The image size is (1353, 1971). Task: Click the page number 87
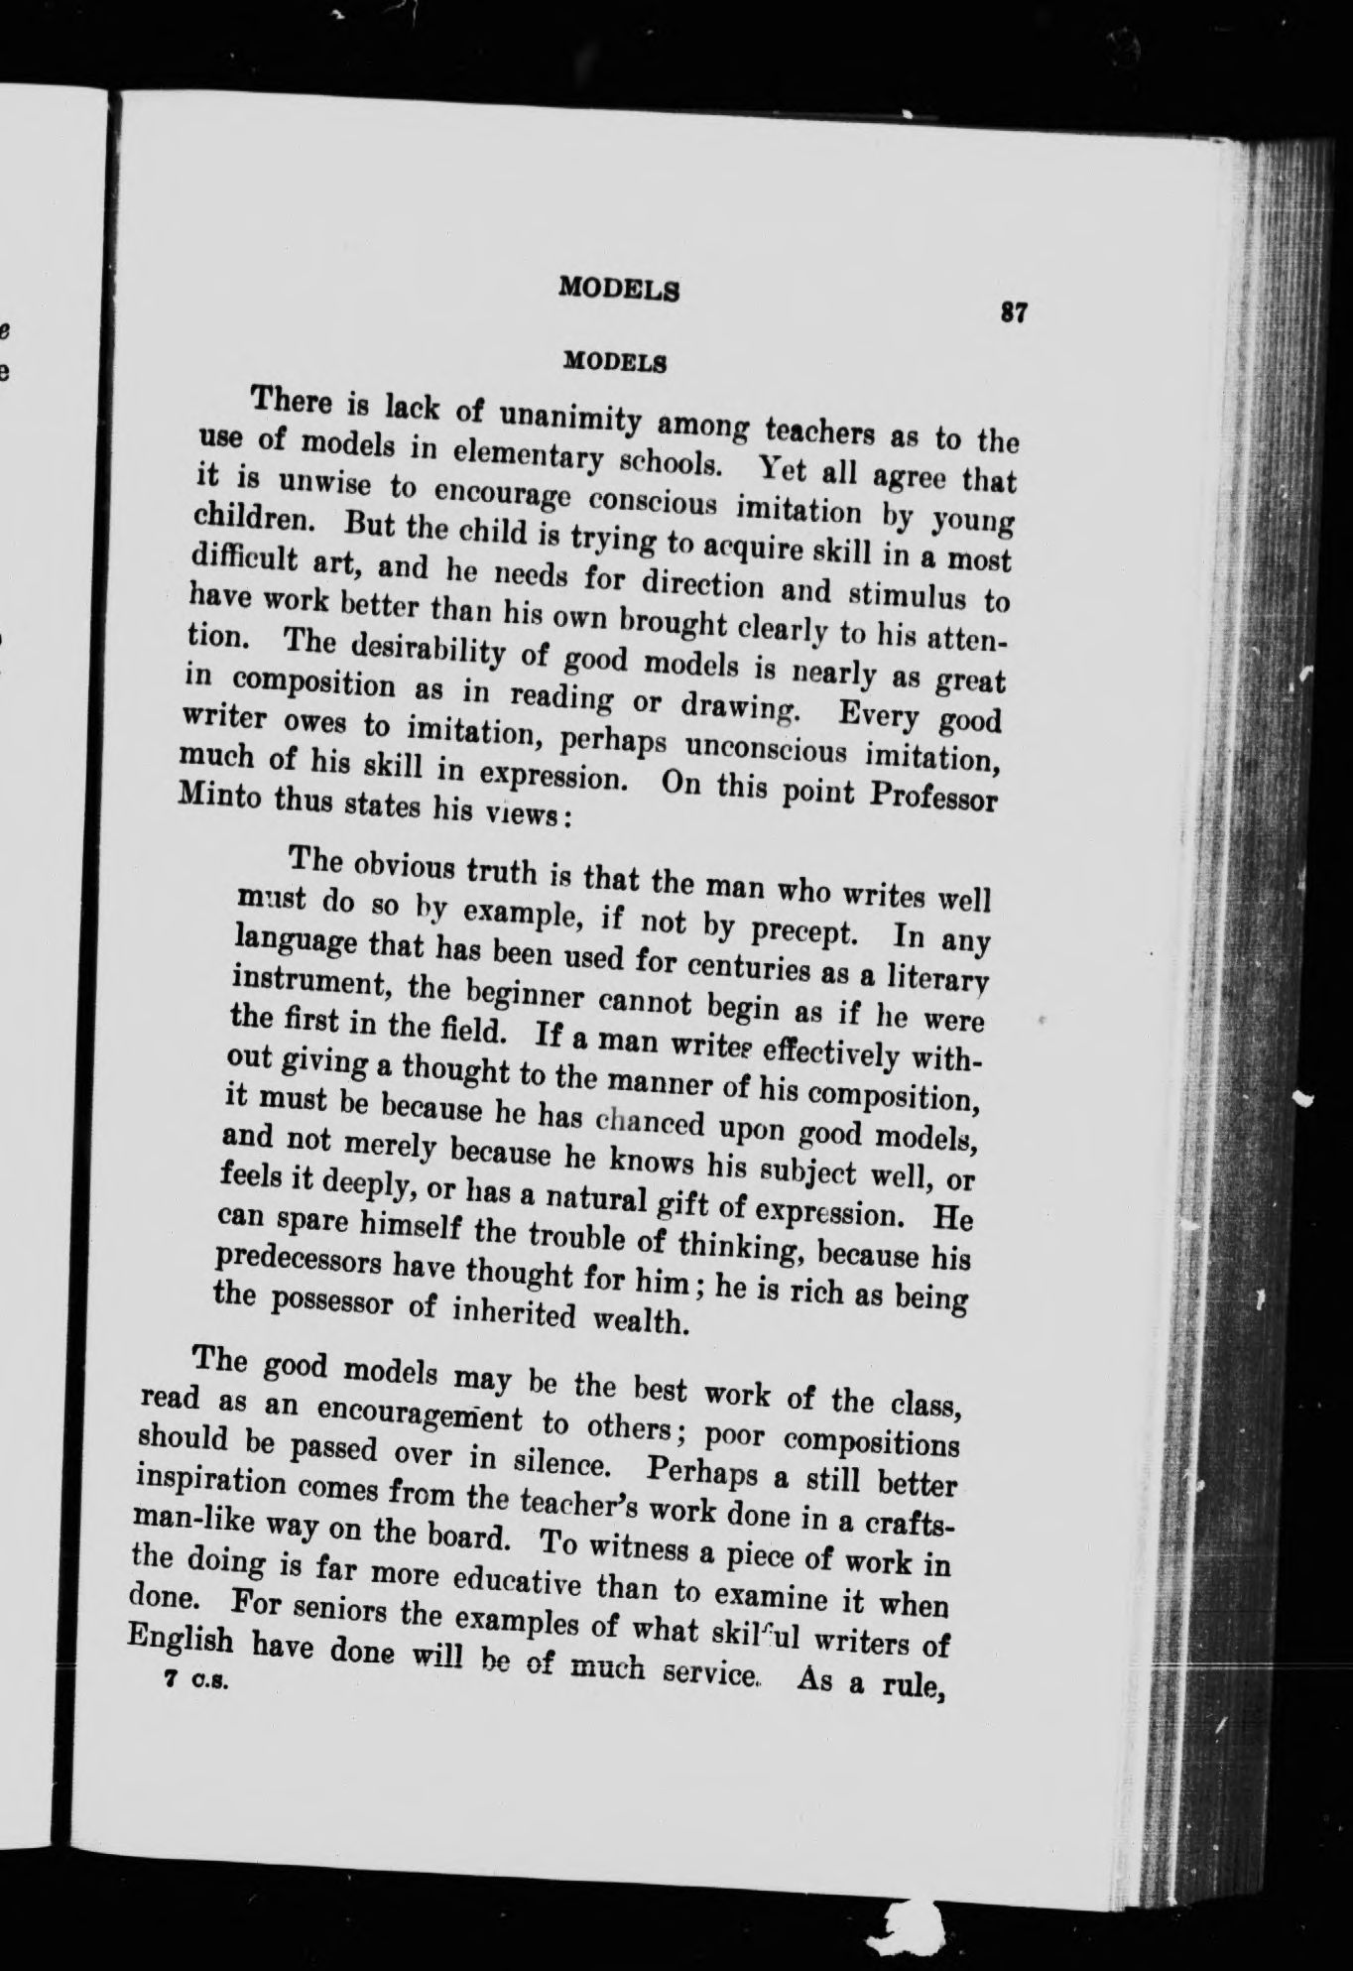tap(1012, 311)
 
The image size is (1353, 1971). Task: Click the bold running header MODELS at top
tap(619, 288)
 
